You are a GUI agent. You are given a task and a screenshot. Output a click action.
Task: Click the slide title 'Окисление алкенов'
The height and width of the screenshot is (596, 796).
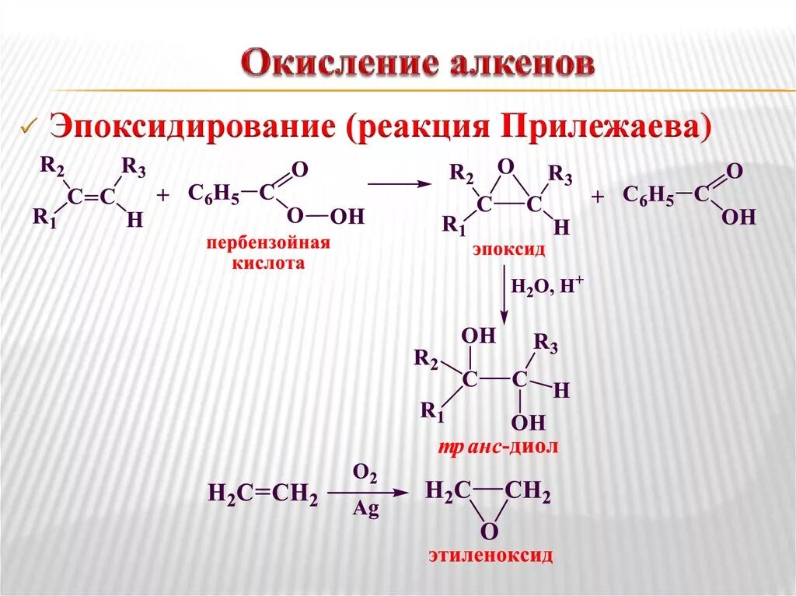[418, 65]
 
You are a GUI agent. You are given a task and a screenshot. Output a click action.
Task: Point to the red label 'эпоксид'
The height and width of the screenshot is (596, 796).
[508, 250]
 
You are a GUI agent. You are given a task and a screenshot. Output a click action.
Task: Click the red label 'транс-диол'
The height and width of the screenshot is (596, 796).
[497, 448]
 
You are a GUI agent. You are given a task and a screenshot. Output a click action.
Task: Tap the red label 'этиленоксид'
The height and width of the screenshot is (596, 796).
[490, 556]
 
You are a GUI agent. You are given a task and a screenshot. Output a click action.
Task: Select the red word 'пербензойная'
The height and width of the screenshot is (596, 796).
[268, 243]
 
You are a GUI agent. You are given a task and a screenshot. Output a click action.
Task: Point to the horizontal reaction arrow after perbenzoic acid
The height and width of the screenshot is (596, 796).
[399, 184]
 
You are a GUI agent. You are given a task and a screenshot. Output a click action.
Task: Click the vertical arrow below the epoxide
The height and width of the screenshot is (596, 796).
[504, 296]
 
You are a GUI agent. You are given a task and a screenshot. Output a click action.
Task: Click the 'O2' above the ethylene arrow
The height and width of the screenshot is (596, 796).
[365, 474]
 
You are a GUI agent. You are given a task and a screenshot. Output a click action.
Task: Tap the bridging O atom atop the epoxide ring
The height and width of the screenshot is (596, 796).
[506, 166]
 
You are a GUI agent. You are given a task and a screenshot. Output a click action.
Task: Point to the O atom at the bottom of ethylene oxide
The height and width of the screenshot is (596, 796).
[488, 532]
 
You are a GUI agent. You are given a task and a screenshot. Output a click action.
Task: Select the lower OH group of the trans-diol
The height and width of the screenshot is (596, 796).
[529, 423]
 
